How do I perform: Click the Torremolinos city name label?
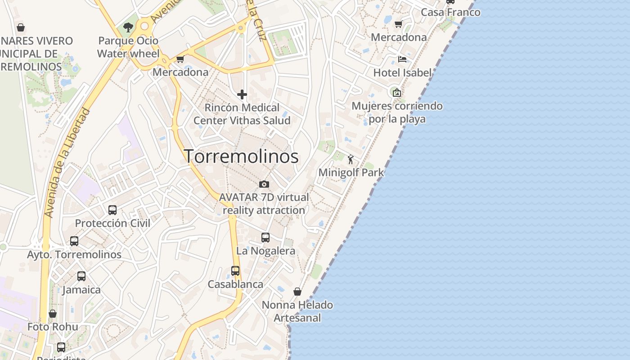241,156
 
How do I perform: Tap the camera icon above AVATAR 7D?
264,184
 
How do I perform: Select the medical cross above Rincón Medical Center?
242,94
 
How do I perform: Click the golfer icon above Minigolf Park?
351,159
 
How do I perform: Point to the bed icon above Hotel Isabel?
402,59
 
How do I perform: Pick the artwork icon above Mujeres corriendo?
397,93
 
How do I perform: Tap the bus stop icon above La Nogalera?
265,237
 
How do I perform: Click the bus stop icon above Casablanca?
235,271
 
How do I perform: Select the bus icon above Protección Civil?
112,210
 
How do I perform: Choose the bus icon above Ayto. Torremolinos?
74,241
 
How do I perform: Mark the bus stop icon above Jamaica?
81,276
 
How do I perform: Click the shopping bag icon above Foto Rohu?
53,314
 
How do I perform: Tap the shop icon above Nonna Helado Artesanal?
297,292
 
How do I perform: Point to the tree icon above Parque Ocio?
128,27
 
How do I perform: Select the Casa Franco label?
450,12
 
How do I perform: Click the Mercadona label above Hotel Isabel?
399,37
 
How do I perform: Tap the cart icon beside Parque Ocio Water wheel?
180,59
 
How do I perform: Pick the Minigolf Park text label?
351,172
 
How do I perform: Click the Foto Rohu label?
53,327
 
